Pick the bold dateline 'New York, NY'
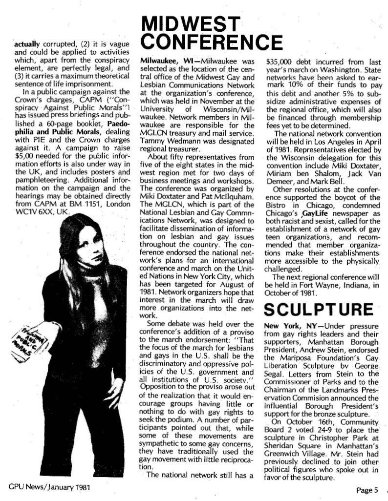pos(286,326)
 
